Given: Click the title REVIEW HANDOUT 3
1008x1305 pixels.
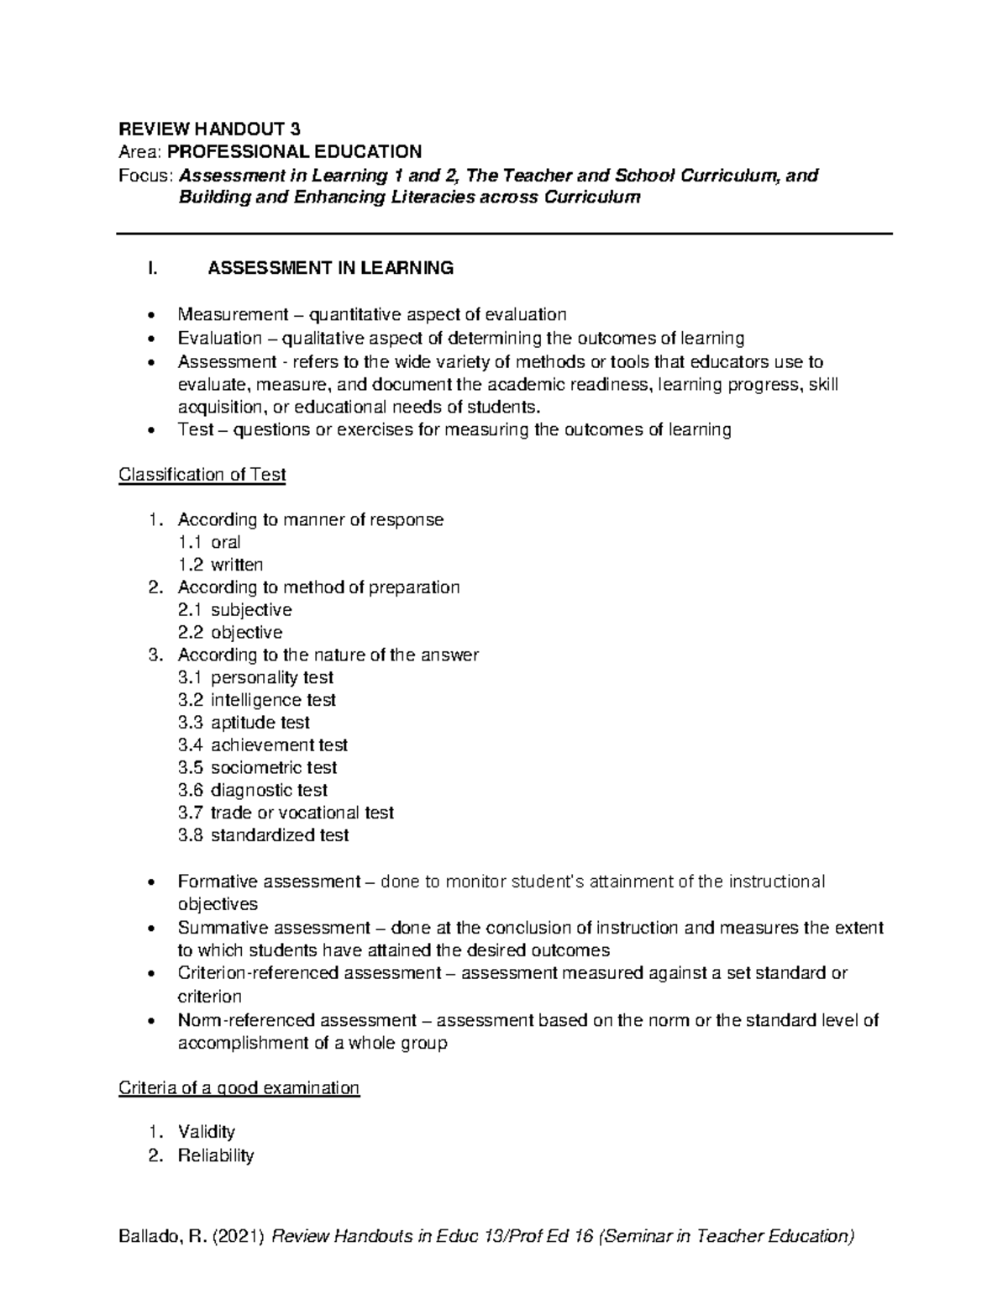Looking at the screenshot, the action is [x=209, y=129].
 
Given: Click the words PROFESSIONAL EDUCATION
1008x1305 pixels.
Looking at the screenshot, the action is [x=295, y=152].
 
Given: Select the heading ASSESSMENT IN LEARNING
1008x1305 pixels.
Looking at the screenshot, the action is [x=330, y=268].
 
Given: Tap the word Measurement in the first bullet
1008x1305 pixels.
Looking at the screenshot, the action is [x=219, y=315].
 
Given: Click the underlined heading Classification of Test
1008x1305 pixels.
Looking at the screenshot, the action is [x=202, y=475].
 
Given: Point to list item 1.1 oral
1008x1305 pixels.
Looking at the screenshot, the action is [x=210, y=542].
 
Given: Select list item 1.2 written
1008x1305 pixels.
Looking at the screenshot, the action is [x=221, y=565].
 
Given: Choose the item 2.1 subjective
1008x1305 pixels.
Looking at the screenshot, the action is [x=235, y=610].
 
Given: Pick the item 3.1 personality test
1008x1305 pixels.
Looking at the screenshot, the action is [x=255, y=677].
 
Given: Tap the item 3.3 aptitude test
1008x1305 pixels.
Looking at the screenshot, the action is [x=244, y=723].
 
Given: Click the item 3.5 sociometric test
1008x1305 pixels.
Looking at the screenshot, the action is [x=257, y=767].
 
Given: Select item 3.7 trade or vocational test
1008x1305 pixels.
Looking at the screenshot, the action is [x=286, y=813].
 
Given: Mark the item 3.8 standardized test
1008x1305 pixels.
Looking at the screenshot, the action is [x=263, y=835].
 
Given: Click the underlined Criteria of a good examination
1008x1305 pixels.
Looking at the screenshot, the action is [x=239, y=1088].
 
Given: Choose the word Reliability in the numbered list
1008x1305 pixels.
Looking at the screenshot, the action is [x=215, y=1155].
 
